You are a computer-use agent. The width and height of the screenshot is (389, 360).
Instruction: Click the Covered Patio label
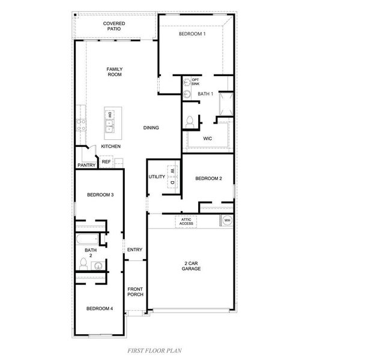click(113, 26)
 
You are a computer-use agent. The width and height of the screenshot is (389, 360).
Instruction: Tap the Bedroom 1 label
click(192, 34)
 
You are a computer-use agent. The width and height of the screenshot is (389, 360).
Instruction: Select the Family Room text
click(114, 72)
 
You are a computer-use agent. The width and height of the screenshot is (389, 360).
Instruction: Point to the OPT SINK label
click(196, 82)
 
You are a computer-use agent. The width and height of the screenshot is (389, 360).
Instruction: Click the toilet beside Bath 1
click(191, 121)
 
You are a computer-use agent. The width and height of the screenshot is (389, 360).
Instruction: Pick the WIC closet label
click(208, 138)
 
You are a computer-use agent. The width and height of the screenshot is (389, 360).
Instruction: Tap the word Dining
click(151, 127)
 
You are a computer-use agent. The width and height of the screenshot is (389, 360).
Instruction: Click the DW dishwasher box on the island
click(110, 114)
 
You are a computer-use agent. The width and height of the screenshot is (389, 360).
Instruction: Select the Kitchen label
click(110, 146)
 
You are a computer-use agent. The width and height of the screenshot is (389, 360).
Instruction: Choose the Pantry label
click(86, 165)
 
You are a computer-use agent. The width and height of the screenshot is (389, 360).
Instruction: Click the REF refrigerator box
click(106, 161)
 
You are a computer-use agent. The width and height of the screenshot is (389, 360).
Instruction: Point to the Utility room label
click(157, 178)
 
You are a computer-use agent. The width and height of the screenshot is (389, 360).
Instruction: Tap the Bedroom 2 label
click(209, 178)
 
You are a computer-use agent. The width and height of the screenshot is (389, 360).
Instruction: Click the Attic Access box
click(186, 221)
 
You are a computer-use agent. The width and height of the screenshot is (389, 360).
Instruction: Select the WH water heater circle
click(227, 221)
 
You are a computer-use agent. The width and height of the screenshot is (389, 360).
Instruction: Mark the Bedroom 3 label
click(100, 194)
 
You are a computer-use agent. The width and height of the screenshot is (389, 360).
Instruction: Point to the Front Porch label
click(135, 292)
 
